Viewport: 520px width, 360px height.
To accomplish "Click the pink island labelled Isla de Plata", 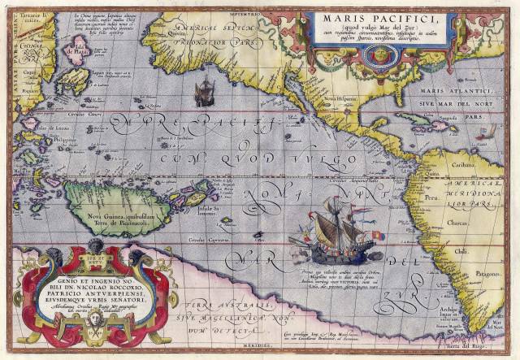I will click(x=78, y=56).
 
